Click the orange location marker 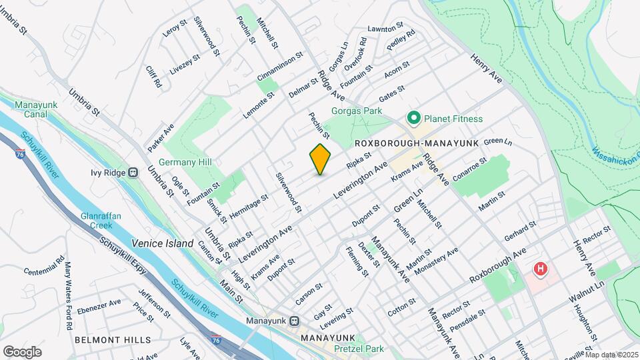pyautogui.click(x=320, y=159)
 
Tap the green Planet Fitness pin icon pyautogui.click(x=413, y=119)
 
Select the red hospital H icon pyautogui.click(x=540, y=270)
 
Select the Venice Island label pyautogui.click(x=162, y=243)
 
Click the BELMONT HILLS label pyautogui.click(x=113, y=339)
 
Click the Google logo pyautogui.click(x=23, y=351)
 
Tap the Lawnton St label pyautogui.click(x=386, y=28)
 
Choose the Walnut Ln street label pyautogui.click(x=587, y=289)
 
